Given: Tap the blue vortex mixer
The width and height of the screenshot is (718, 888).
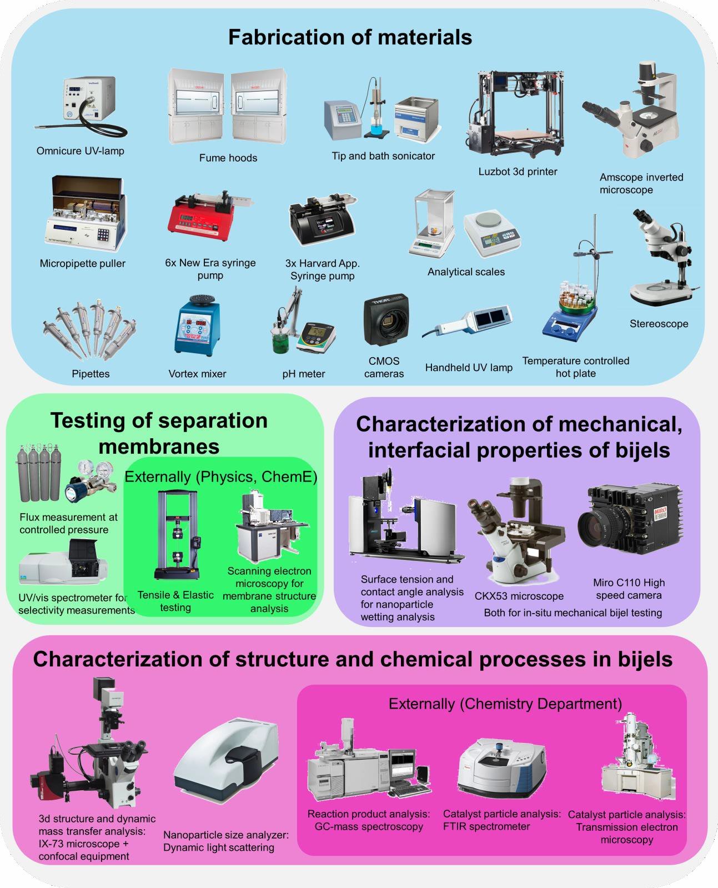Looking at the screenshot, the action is pos(197,325).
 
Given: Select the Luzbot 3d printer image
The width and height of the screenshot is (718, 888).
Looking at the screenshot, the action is pos(515,113).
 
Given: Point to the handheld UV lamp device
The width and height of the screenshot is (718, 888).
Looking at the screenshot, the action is pos(468,320).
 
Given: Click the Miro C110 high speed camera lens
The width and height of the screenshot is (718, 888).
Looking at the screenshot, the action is pos(597,526).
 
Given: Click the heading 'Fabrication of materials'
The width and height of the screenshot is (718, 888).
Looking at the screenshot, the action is pos(350,37).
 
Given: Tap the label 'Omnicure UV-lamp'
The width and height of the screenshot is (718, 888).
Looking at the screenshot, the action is pos(81,151).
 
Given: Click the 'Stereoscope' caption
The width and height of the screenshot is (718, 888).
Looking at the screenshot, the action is pos(659,324).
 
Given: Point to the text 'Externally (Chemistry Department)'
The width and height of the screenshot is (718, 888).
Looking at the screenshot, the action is pos(505,704).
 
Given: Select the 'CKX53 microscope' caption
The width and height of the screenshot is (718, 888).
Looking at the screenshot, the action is pos(519,596).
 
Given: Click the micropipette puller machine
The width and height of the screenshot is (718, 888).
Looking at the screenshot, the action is pos(85,213).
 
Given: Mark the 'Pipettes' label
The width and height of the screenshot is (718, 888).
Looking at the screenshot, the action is pos(91,374).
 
